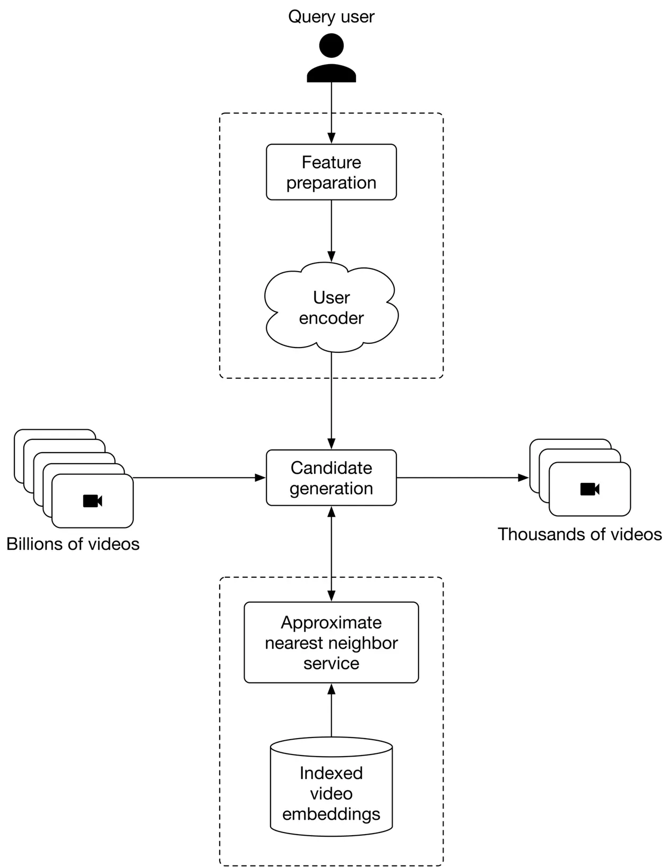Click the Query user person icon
[331, 58]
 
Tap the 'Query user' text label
[331, 16]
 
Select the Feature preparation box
[331, 172]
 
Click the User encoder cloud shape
[331, 308]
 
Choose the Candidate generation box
[331, 478]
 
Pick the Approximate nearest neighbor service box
[331, 642]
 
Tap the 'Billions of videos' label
[73, 544]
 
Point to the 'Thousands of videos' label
[579, 534]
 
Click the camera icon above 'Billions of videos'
[92, 501]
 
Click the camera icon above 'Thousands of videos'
[589, 489]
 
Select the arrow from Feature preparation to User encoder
[331, 230]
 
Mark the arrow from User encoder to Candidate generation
[331, 401]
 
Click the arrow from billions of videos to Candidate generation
[199, 478]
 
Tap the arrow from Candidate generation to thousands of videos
[462, 478]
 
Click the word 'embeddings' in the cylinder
[331, 814]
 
